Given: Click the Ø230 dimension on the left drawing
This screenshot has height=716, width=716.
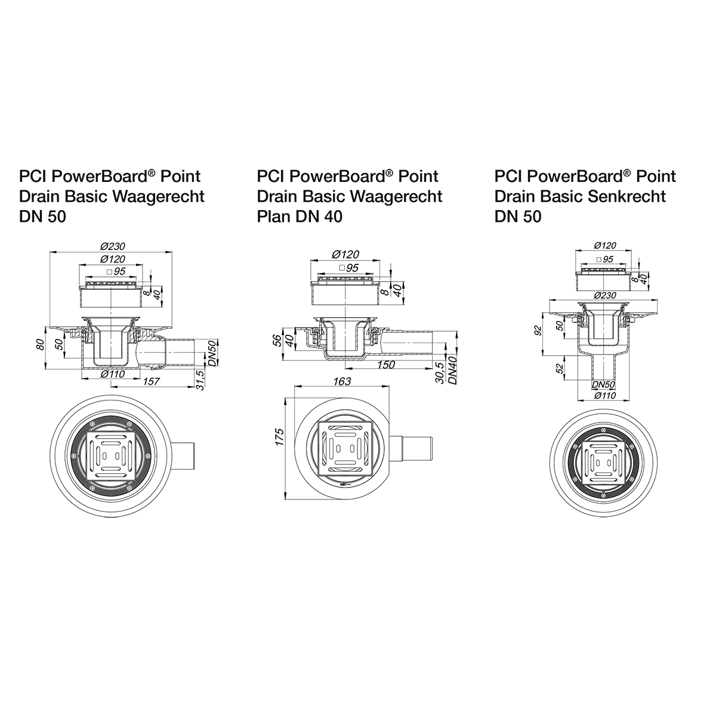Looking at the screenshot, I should [x=112, y=247].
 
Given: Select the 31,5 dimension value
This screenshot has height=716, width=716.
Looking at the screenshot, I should [x=202, y=380].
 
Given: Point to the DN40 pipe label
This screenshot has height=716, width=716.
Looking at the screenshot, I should [x=453, y=370].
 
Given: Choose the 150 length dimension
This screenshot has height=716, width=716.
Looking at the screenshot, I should [x=386, y=365].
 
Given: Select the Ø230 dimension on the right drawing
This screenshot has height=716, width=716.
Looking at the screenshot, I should [x=605, y=294].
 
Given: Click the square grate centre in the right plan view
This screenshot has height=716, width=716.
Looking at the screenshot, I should [x=605, y=460].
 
